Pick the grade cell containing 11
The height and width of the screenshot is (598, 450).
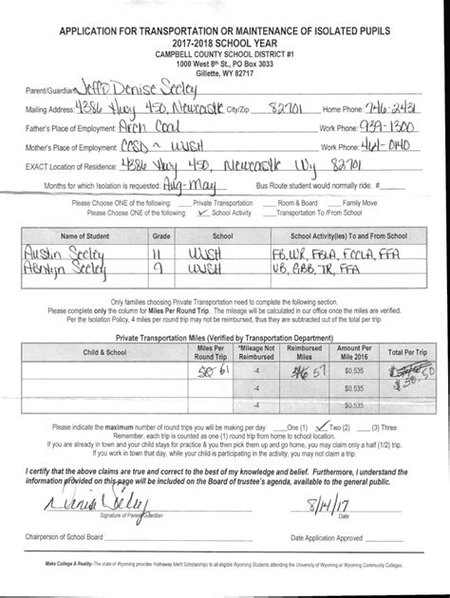[x=160, y=254]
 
